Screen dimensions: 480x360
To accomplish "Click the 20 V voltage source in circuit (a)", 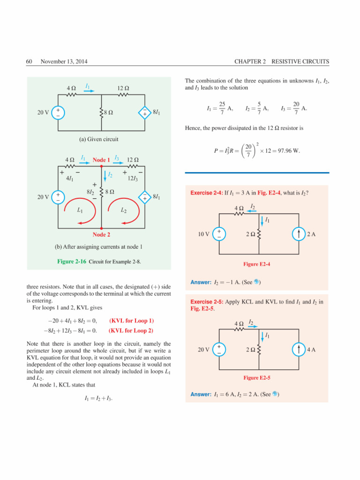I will click(58, 112).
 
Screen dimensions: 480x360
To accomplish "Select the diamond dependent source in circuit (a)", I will click(145, 112).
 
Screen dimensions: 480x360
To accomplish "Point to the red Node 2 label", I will click(101, 234).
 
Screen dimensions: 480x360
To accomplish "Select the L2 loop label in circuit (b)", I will click(124, 210).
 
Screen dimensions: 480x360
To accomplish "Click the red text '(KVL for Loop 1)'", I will click(131, 321).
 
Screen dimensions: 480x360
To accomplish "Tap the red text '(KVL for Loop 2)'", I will click(131, 330).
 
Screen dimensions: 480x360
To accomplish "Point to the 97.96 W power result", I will click(289, 151).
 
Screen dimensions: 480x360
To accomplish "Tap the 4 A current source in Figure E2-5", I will click(299, 350).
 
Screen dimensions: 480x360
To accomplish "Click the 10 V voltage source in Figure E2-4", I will click(218, 234).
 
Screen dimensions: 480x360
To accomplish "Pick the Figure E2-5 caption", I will click(257, 377).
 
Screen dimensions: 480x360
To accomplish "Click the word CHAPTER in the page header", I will click(250, 62).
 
